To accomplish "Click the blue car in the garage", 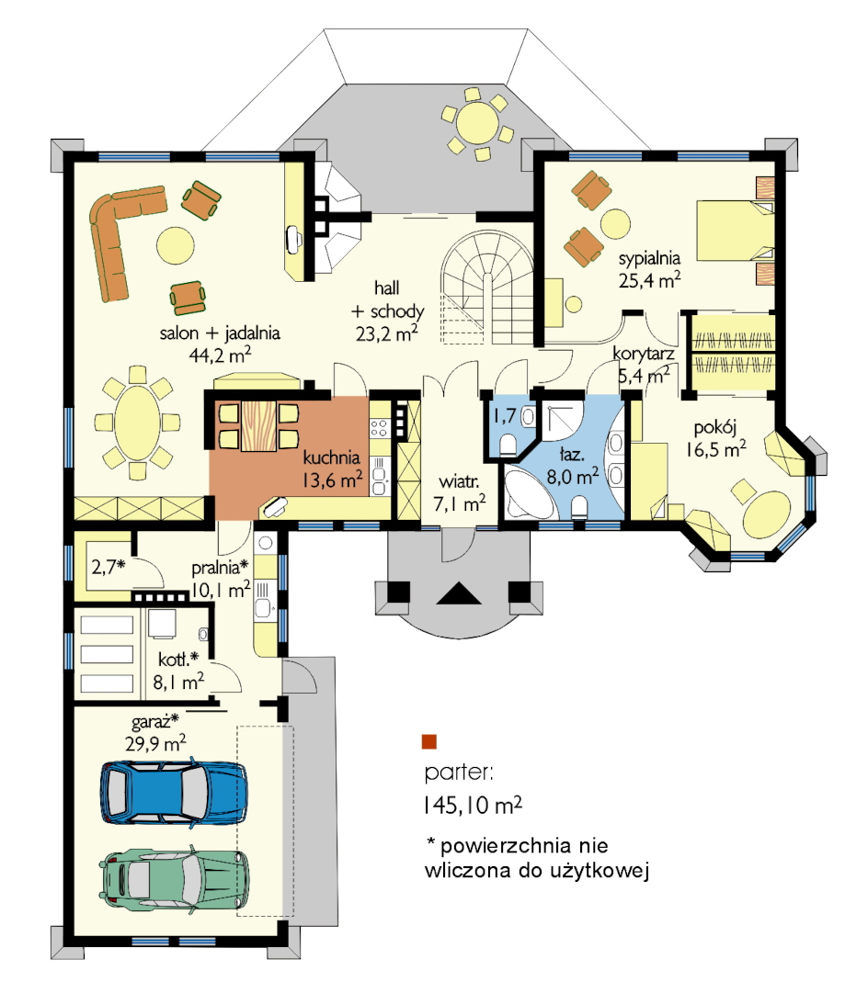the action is [x=174, y=792].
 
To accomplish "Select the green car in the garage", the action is [x=175, y=879].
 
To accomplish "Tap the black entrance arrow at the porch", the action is [x=459, y=593].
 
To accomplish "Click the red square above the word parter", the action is [x=428, y=742].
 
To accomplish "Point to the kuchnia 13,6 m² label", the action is [x=332, y=468].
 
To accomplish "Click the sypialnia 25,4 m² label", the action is [x=649, y=269].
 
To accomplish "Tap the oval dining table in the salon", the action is [x=137, y=423].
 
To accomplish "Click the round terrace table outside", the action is [x=477, y=123].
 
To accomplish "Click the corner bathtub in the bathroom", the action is [x=529, y=493].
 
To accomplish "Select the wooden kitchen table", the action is [x=258, y=425].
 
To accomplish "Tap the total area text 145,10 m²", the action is [x=473, y=805].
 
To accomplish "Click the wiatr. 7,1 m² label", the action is [x=459, y=493].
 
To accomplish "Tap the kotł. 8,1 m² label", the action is [x=178, y=670].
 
